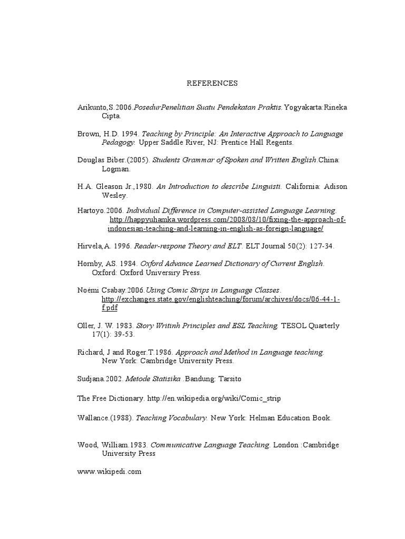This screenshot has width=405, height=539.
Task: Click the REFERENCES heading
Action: (213, 83)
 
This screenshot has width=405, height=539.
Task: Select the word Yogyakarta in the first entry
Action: (303, 107)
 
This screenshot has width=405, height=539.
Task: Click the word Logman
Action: (114, 169)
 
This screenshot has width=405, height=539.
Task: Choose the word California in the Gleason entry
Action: (303, 187)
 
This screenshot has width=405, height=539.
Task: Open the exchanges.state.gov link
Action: (220, 300)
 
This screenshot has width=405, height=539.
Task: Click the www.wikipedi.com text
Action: (109, 472)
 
